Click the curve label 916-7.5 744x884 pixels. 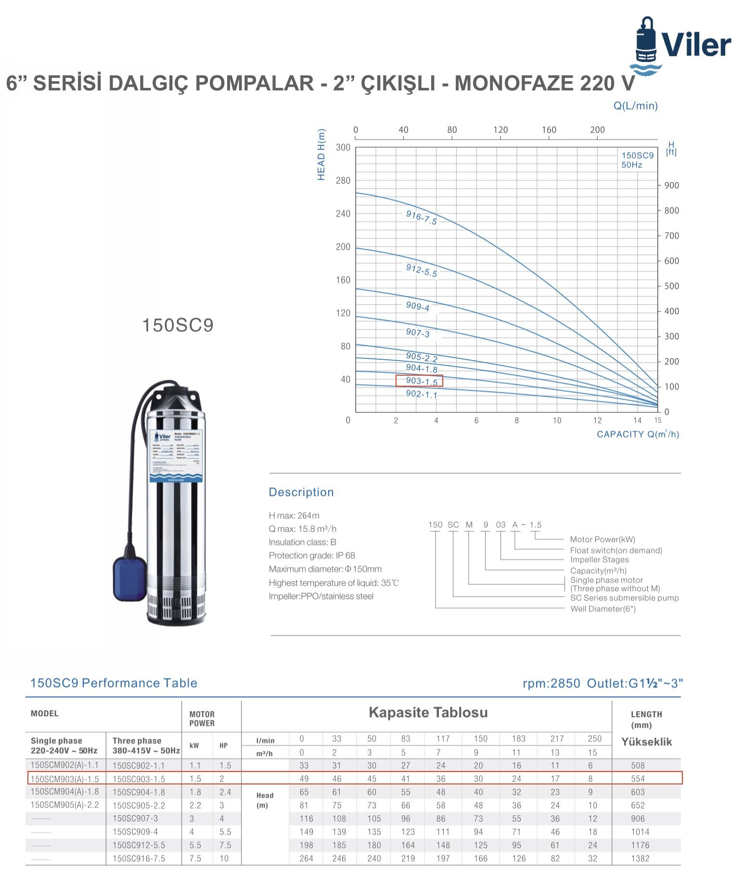pyautogui.click(x=421, y=217)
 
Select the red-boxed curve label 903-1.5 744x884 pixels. pyautogui.click(x=419, y=381)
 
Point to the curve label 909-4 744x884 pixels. pyautogui.click(x=417, y=306)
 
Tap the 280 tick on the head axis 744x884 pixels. pyautogui.click(x=343, y=180)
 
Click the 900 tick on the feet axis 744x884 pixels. pyautogui.click(x=671, y=186)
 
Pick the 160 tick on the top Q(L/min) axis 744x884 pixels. pyautogui.click(x=549, y=130)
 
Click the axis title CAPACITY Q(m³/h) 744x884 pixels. pyautogui.click(x=638, y=434)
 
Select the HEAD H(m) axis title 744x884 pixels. pyautogui.click(x=321, y=154)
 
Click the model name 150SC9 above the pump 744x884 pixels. pyautogui.click(x=178, y=325)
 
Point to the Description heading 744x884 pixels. pyautogui.click(x=301, y=492)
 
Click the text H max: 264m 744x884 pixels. pyautogui.click(x=294, y=516)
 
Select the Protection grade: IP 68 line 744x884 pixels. pyautogui.click(x=312, y=556)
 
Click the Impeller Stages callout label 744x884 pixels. pyautogui.click(x=599, y=560)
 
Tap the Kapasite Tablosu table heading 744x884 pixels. pyautogui.click(x=428, y=712)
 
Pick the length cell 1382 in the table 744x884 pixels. pyautogui.click(x=640, y=859)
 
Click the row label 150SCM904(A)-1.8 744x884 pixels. pyautogui.click(x=64, y=792)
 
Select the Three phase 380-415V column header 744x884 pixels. pyautogui.click(x=146, y=745)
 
